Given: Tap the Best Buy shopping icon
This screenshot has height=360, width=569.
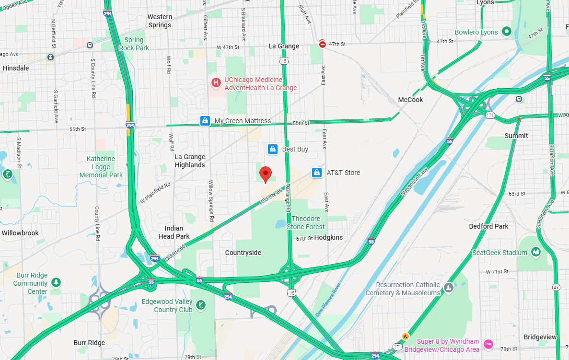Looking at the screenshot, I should pyautogui.click(x=273, y=149).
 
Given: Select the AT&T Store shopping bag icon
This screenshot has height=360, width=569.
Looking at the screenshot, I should pyautogui.click(x=316, y=173).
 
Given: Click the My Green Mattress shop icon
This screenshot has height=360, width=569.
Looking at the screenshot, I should pyautogui.click(x=205, y=121).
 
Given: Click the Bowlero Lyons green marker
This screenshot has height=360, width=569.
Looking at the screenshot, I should pyautogui.click(x=506, y=32).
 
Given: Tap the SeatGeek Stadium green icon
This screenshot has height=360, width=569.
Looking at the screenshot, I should pyautogui.click(x=536, y=252).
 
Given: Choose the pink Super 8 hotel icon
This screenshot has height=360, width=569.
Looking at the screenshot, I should pyautogui.click(x=488, y=343).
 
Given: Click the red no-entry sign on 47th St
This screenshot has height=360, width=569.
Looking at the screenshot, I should pyautogui.click(x=323, y=44).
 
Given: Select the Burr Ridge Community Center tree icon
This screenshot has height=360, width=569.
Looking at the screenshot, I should pyautogui.click(x=57, y=282).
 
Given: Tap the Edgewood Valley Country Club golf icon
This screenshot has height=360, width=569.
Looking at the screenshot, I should pyautogui.click(x=201, y=304).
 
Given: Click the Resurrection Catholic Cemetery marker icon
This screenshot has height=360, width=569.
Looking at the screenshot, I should pyautogui.click(x=448, y=288).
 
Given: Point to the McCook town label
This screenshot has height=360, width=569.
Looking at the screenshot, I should pyautogui.click(x=410, y=100).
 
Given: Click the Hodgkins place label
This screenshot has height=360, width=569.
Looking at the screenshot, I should pyautogui.click(x=328, y=237).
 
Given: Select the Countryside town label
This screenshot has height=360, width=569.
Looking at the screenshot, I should pyautogui.click(x=243, y=253).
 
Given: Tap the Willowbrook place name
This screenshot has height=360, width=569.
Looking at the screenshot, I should pyautogui.click(x=20, y=233).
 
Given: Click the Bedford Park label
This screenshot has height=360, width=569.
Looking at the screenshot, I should pyautogui.click(x=488, y=226).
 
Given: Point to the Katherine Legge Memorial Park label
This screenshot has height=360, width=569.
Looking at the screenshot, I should pyautogui.click(x=101, y=167).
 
